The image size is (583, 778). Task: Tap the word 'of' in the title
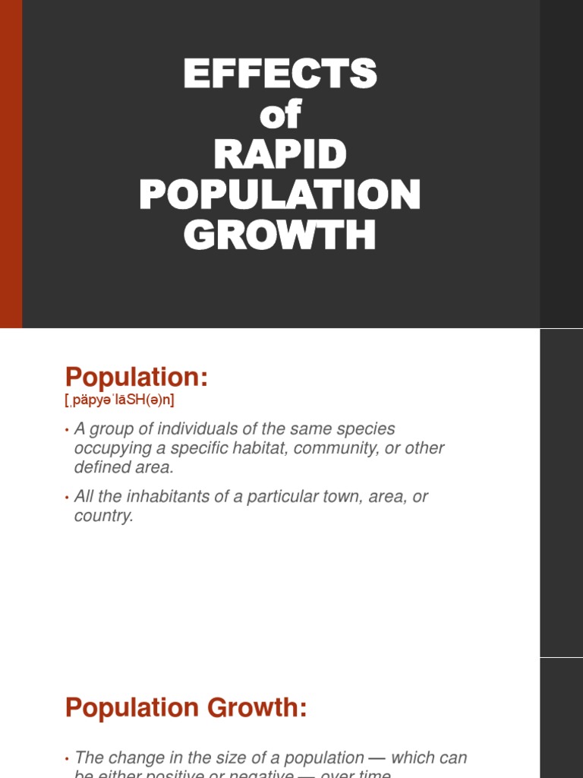[x=280, y=115]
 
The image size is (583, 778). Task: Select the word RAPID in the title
[x=280, y=155]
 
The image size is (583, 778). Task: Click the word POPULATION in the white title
[x=280, y=195]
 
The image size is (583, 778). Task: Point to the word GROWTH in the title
[x=280, y=236]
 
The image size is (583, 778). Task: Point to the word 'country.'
[x=103, y=516]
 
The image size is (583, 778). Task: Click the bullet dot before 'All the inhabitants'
[x=67, y=498]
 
